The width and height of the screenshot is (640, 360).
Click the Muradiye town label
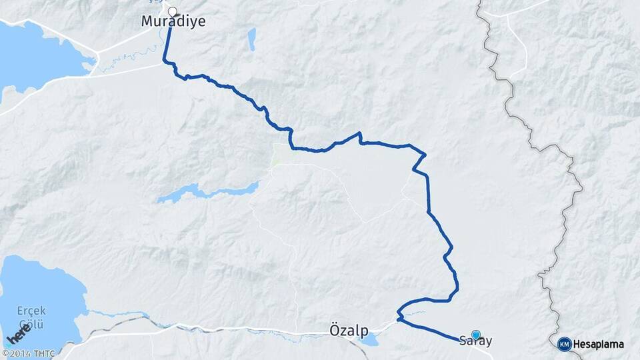point(173,21)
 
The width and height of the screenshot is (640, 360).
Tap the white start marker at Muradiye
point(172,11)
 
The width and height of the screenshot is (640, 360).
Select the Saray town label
point(476,341)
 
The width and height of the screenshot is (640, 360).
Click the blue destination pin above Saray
point(475,335)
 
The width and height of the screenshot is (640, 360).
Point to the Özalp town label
point(349,330)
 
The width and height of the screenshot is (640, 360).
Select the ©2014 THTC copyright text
point(28,353)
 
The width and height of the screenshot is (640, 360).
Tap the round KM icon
point(564,344)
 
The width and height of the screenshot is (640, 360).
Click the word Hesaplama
point(598,344)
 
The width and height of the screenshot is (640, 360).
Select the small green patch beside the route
point(277,157)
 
